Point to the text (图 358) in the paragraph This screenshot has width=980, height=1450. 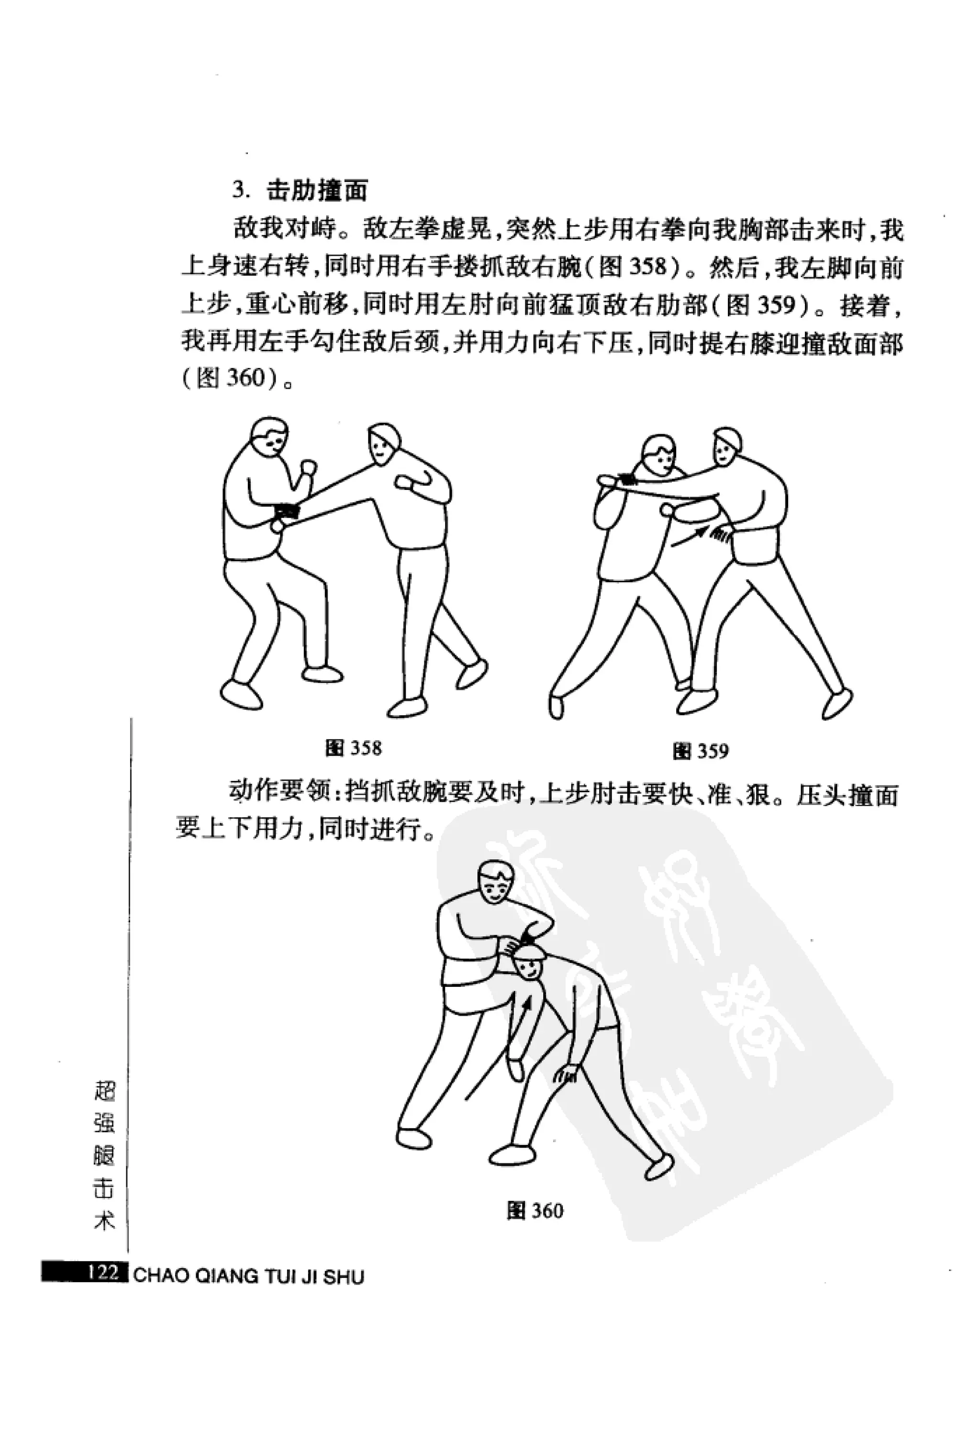(631, 268)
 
